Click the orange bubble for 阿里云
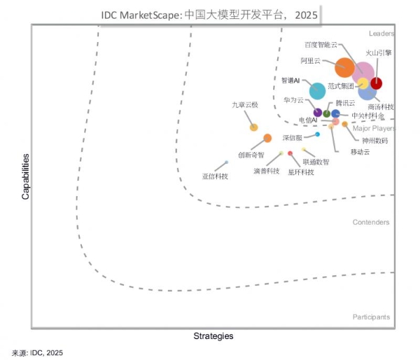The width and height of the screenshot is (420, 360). [x=344, y=67]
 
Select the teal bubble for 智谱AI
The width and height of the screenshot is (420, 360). [x=317, y=90]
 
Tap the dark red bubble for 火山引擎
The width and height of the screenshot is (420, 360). [x=376, y=83]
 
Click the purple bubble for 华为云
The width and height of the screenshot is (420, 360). [x=318, y=112]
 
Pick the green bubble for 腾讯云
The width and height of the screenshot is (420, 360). [x=327, y=113]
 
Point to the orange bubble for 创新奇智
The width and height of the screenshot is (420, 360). [x=267, y=138]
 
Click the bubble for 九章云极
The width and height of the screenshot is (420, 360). [x=254, y=127]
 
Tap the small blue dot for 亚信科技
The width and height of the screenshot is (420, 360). [x=226, y=162]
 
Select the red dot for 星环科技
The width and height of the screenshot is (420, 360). [x=290, y=153]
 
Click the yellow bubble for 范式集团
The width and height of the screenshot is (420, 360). [x=363, y=84]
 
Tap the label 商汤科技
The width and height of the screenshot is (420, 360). [x=381, y=106]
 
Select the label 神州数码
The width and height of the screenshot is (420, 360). [x=374, y=140]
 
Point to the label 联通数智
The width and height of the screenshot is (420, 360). [x=316, y=162]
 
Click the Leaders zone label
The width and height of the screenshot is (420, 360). [x=381, y=33]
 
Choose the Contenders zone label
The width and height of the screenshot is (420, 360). [x=371, y=222]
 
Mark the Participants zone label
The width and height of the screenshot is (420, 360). [x=372, y=317]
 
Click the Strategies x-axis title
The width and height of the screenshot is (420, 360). [x=213, y=336]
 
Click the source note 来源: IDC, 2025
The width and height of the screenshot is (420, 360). [x=38, y=353]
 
